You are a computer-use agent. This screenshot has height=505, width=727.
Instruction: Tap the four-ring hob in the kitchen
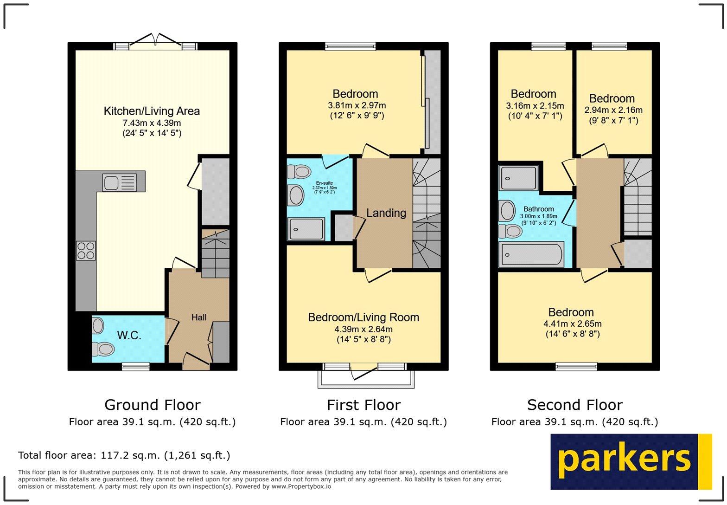[x=86, y=251]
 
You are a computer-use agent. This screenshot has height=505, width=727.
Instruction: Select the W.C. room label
[x=129, y=336]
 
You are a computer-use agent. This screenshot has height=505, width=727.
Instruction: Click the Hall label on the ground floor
[x=199, y=317]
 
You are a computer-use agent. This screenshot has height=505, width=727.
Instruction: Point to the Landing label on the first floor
[x=386, y=213]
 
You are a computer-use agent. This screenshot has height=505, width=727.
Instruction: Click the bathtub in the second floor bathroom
[x=531, y=254]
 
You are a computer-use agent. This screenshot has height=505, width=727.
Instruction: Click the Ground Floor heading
[x=152, y=405]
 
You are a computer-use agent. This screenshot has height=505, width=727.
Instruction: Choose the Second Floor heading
[x=574, y=405]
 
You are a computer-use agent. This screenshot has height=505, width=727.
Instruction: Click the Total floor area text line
[x=124, y=455]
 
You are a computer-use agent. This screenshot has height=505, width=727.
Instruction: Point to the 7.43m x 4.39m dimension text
[x=152, y=123]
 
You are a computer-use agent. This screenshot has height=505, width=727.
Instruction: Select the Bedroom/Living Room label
[x=363, y=317]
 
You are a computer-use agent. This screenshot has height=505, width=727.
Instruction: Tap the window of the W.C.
[x=136, y=367]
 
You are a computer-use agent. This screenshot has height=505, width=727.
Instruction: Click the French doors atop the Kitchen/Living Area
[x=156, y=43]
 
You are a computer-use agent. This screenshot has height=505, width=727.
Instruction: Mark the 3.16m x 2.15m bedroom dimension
[x=535, y=106]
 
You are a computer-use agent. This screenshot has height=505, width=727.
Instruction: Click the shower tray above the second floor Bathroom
[x=519, y=178]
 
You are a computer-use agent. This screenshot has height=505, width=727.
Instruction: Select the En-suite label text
[x=324, y=183]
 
